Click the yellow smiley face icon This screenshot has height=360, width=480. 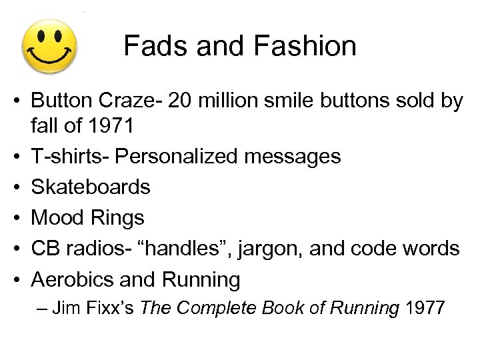click(49, 47)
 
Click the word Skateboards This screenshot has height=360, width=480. click(91, 187)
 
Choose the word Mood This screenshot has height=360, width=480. click(59, 217)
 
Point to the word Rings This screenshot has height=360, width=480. click(119, 218)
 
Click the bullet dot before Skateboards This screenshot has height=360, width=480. click(21, 187)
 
